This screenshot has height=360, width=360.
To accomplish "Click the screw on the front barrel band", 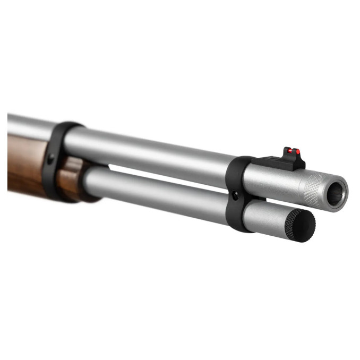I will [235, 196].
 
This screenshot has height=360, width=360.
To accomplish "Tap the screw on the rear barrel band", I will [51, 159].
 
